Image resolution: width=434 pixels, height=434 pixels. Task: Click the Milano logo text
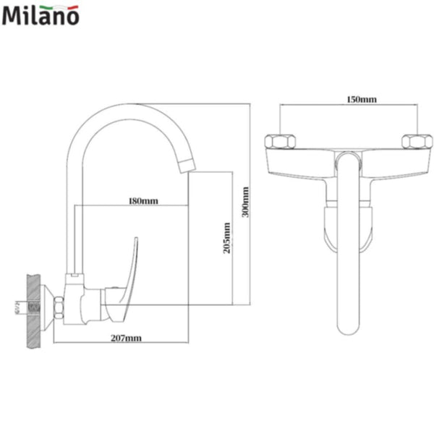(41, 16)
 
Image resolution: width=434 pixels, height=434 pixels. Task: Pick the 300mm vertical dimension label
(246, 203)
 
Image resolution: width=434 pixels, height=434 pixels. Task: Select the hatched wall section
(33, 307)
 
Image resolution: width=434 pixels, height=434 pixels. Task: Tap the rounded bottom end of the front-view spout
(349, 329)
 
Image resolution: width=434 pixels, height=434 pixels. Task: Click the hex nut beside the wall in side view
(58, 307)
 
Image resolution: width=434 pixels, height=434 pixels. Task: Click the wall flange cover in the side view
(48, 307)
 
